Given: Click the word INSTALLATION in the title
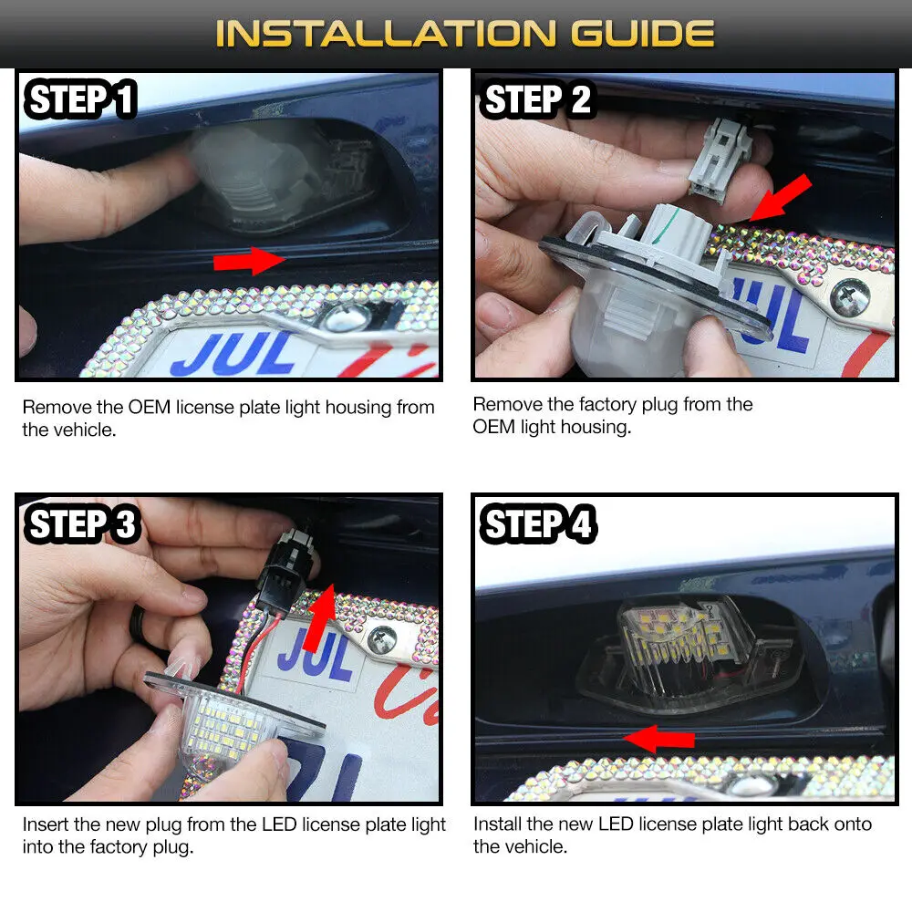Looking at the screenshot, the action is coord(386,33).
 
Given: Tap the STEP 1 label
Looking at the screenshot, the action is coord(80,98).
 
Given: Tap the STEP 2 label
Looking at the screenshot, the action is coord(536,98).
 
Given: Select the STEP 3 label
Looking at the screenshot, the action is coord(81,523).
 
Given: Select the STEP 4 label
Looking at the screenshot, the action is coord(537,523).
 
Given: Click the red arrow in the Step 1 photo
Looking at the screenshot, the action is coord(249,260).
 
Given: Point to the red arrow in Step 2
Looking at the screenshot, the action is coord(780,198).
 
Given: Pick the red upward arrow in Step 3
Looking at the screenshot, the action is coord(322,618).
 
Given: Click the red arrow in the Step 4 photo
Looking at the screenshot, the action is coord(659,739).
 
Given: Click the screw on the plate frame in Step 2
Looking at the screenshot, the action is coord(849,295).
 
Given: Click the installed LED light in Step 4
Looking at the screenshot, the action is coord(687,646).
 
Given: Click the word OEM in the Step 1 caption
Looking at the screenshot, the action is coord(150,407).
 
